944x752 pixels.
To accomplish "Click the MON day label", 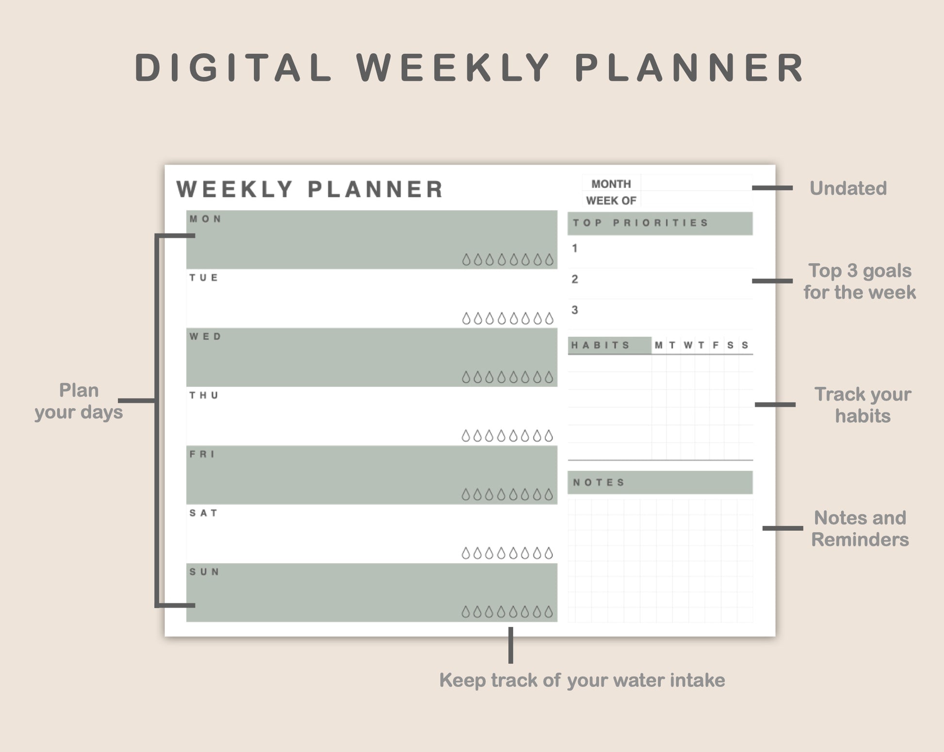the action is point(205,219).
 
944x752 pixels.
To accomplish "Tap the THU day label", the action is point(204,396).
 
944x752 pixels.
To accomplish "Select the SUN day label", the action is point(204,572).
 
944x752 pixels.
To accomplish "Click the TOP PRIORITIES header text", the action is point(641,223).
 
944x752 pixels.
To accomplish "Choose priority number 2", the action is point(575,279).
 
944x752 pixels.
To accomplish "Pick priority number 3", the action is point(575,310).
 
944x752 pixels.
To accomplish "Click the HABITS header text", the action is point(601,345).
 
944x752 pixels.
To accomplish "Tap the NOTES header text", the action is point(599,482).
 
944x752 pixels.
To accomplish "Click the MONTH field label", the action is point(611,184).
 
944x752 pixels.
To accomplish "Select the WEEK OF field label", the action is point(611,201).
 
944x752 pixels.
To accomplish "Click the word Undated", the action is point(848,188).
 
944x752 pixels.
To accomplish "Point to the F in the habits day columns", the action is point(716,345).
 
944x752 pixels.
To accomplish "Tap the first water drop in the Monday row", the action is point(466,260).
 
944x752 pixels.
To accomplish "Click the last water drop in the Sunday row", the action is point(549,612).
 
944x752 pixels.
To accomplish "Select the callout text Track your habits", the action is point(863,405).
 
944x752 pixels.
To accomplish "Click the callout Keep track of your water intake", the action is point(582,680).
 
